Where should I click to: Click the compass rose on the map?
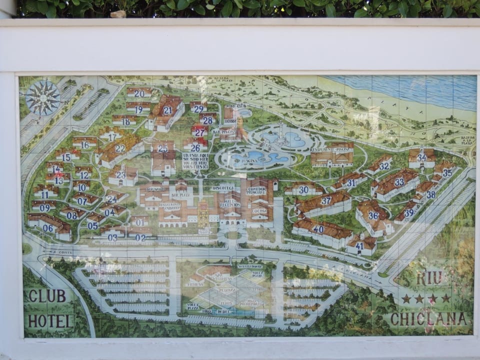(x=42, y=98)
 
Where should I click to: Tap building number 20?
(x=139, y=93)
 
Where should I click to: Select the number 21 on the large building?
(x=167, y=110)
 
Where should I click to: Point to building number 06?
(x=48, y=228)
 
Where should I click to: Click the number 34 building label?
(x=422, y=157)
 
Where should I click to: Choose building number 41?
(x=359, y=245)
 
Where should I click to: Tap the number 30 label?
(x=303, y=190)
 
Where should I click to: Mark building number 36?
(x=373, y=215)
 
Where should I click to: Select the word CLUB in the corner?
(x=47, y=296)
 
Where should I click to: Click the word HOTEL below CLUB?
(x=50, y=320)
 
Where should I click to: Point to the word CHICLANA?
(x=430, y=318)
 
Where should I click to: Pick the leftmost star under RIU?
(x=406, y=298)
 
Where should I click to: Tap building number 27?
(x=200, y=132)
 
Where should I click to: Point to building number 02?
(x=140, y=238)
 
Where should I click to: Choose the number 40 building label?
(x=318, y=229)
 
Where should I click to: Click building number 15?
(x=66, y=157)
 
